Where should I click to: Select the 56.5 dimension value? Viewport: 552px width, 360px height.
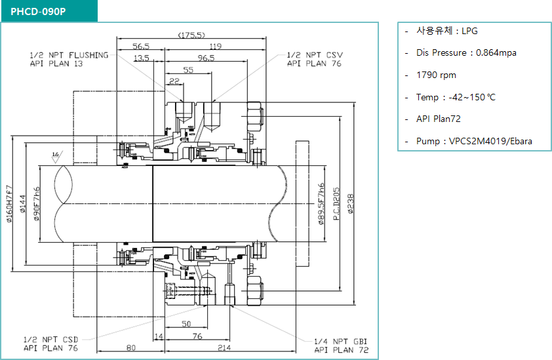point(141,47)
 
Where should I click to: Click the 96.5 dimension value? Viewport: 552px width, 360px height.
point(206,58)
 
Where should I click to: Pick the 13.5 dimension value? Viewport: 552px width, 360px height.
point(141,58)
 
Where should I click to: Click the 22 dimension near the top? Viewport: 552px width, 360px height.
point(174,81)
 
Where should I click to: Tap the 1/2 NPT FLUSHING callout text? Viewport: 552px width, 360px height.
point(69,59)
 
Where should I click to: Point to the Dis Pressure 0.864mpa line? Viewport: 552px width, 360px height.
point(465,52)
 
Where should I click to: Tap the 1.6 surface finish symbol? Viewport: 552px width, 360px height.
point(56,155)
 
